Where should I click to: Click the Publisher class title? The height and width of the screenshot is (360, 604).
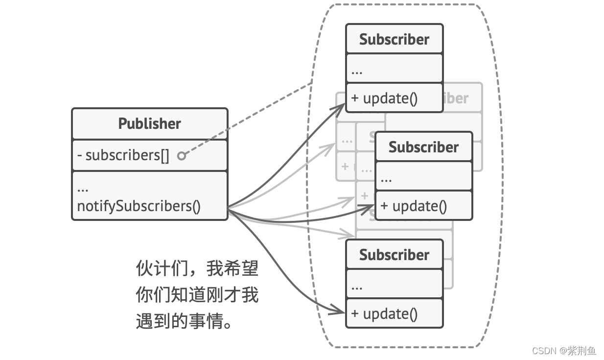(x=149, y=123)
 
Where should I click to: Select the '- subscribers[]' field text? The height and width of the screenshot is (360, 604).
(x=123, y=155)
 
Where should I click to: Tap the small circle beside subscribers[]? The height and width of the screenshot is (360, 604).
(x=182, y=156)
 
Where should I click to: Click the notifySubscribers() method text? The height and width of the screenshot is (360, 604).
(x=139, y=206)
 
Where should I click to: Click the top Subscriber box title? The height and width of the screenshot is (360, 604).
(x=394, y=39)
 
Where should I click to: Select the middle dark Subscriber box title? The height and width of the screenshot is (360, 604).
(x=423, y=147)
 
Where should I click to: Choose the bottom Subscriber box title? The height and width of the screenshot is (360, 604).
(x=394, y=255)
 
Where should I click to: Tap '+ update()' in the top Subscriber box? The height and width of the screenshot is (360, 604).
(x=384, y=98)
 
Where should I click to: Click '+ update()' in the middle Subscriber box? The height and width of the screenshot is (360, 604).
(x=414, y=206)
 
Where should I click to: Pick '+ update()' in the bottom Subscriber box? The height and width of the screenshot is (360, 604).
(x=384, y=313)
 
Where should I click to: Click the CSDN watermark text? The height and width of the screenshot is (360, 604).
(x=563, y=351)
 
